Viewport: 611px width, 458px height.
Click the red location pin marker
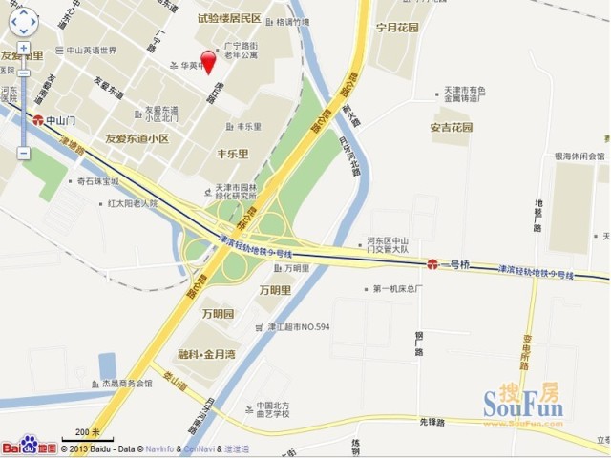tap(207, 60)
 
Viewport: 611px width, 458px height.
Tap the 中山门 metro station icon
tap(38, 121)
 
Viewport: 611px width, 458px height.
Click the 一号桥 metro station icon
tap(432, 263)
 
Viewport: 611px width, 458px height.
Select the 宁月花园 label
tap(397, 28)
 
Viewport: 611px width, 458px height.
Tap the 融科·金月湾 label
tap(208, 353)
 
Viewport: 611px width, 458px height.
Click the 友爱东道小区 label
tap(137, 138)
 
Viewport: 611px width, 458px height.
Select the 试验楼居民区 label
tap(229, 18)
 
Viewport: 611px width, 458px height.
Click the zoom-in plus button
tap(23, 48)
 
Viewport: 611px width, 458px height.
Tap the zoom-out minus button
tap(23, 153)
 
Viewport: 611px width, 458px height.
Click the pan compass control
tap(23, 20)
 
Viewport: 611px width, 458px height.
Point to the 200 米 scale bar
tap(88, 435)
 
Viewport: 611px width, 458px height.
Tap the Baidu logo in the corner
tap(29, 446)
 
